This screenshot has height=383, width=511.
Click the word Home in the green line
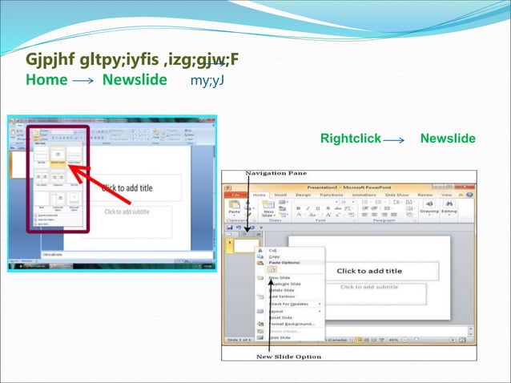[46, 80]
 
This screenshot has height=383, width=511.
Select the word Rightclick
[350, 139]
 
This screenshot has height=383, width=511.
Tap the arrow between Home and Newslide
[83, 81]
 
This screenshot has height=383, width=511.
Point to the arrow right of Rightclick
[395, 140]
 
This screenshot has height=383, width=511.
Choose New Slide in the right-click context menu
[280, 278]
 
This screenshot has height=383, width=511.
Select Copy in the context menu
[275, 256]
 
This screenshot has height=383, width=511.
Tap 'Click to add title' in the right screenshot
[369, 271]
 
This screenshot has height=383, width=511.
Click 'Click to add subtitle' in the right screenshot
[369, 287]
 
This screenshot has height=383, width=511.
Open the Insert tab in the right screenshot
[281, 193]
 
